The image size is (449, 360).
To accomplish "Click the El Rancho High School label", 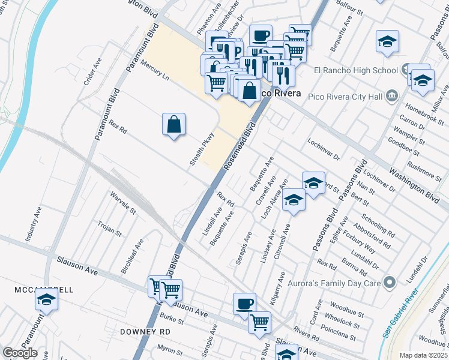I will point(356,70).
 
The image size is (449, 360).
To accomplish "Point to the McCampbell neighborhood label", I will point(44,290).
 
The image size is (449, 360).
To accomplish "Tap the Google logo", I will point(20,353).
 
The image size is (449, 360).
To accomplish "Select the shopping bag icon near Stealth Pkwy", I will point(173,124).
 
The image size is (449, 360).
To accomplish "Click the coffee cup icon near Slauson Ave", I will point(244,303).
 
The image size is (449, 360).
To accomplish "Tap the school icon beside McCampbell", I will point(46,299).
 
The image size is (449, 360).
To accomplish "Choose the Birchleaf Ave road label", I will point(133,256).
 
